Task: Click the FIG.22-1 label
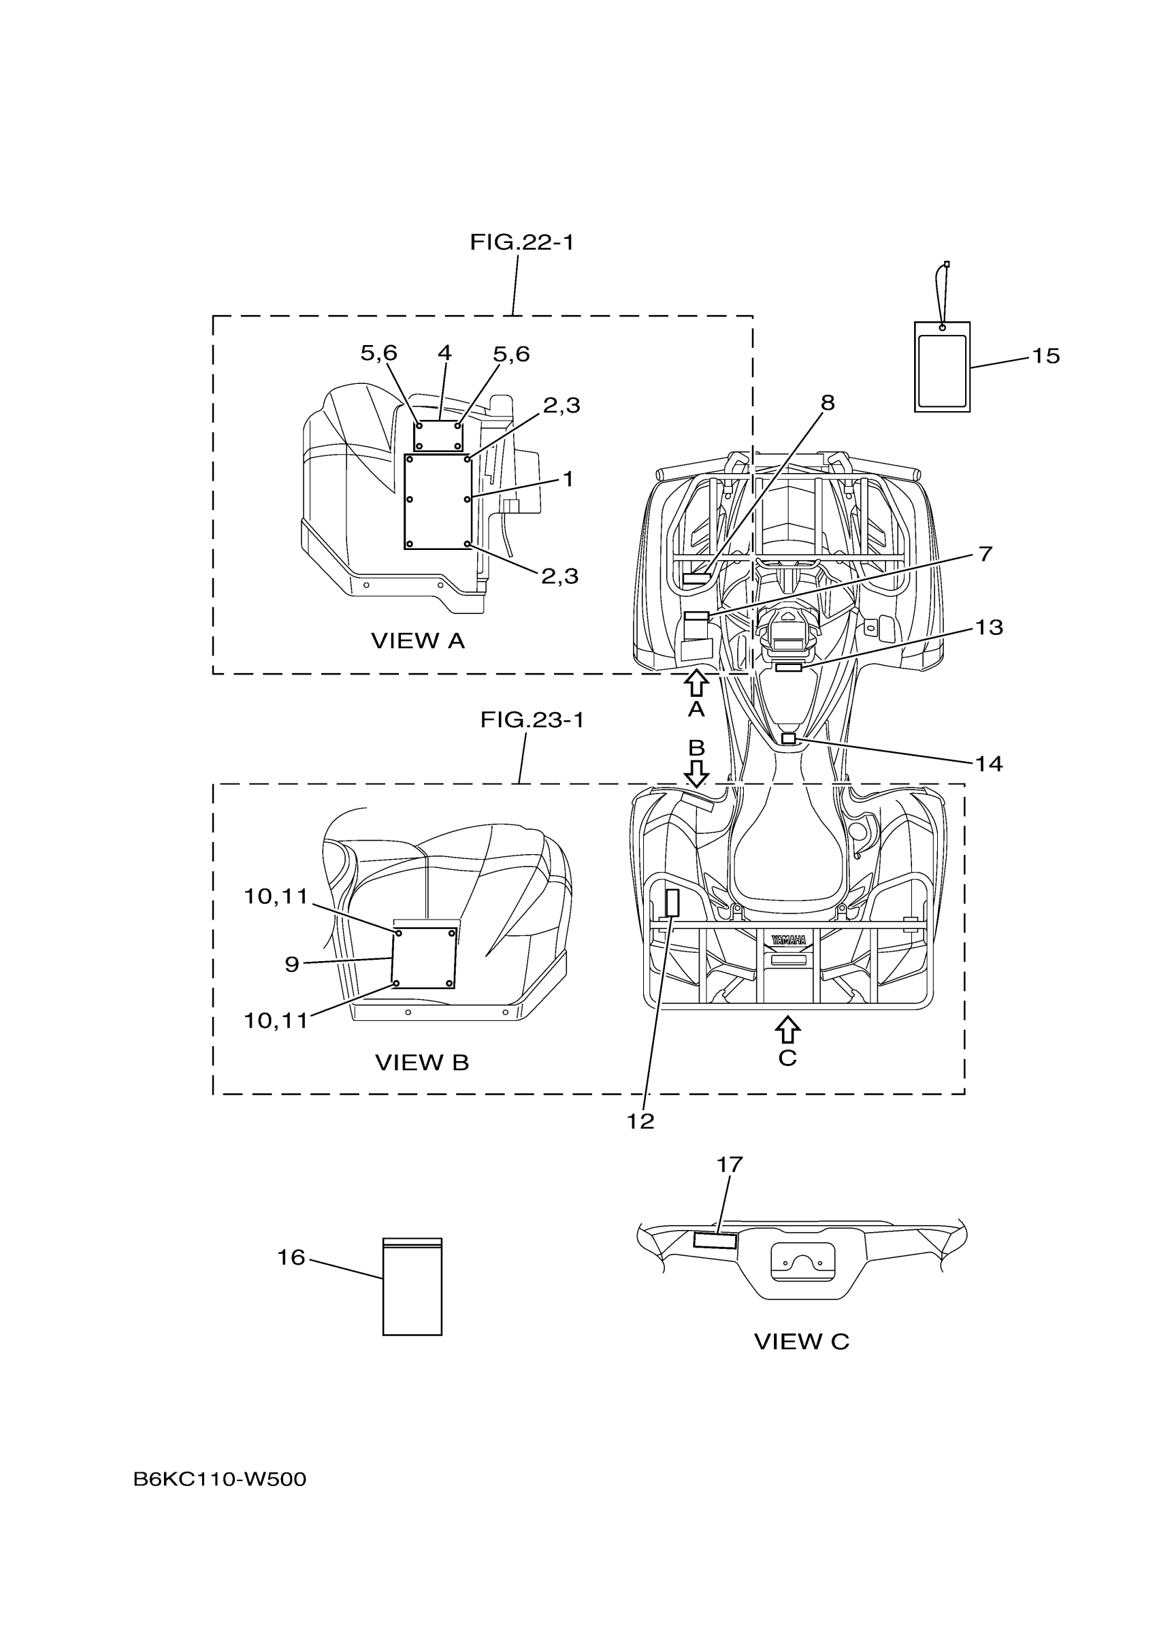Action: tap(521, 243)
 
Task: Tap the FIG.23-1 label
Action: tap(532, 720)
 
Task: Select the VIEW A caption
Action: tap(418, 641)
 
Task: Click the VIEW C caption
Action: tap(801, 1342)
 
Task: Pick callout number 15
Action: tap(1046, 356)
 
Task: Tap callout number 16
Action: tap(291, 1257)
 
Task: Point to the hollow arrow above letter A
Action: tap(696, 682)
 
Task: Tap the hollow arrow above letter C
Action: tap(787, 1030)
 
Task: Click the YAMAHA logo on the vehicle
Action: tap(787, 941)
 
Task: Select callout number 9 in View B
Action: tap(291, 965)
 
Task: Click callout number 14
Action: tap(989, 764)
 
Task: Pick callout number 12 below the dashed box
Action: tap(640, 1122)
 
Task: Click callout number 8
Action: tap(827, 403)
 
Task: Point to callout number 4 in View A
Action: tap(444, 352)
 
